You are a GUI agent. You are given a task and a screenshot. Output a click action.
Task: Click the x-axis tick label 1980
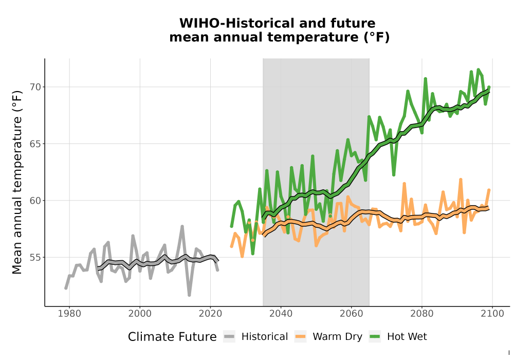[x=69, y=314]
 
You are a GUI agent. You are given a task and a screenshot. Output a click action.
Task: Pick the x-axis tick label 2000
[x=140, y=314]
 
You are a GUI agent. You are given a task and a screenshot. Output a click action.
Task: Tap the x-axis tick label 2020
[x=210, y=314]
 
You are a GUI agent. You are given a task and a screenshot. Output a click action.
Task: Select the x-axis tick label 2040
[x=281, y=314]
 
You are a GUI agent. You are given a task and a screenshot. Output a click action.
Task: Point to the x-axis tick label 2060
[x=351, y=314]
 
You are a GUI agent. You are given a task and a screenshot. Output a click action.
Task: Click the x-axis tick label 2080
[x=422, y=314]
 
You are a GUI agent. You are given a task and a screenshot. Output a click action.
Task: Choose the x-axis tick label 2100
[x=492, y=314]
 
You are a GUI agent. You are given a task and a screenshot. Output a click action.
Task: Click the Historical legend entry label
[x=265, y=337]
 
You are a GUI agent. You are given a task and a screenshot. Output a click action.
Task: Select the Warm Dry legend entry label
[x=337, y=337]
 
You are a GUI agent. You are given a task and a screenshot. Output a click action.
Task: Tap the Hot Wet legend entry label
[x=407, y=337]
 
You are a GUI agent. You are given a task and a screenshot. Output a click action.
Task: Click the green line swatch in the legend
[x=375, y=337]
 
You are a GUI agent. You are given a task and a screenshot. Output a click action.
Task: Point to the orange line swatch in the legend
[x=300, y=337]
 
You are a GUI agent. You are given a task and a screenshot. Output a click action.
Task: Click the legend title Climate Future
[x=172, y=337]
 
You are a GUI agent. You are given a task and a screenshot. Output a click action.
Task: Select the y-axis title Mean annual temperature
[x=17, y=183]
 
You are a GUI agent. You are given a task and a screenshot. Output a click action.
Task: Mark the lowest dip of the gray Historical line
[x=189, y=295]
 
